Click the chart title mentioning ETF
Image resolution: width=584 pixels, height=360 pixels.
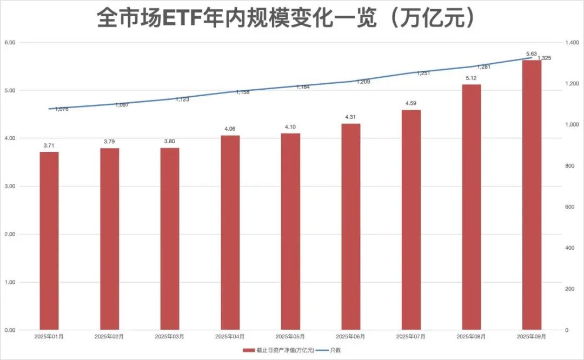click(287, 18)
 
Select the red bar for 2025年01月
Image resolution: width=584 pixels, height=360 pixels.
click(49, 241)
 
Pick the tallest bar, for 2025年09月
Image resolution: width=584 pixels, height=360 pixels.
click(532, 195)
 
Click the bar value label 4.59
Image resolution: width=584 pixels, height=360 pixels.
click(411, 103)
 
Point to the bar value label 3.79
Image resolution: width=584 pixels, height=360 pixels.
click(109, 142)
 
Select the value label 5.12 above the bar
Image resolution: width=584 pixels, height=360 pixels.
click(471, 78)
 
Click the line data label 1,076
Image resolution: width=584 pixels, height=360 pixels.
click(62, 109)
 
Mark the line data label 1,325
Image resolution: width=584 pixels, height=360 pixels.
click(544, 58)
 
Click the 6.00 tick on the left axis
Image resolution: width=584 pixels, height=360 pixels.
click(9, 42)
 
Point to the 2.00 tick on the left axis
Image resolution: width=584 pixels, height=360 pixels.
click(9, 235)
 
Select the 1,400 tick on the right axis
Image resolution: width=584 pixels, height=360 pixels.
click(572, 42)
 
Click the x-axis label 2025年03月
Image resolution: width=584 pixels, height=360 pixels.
click(169, 336)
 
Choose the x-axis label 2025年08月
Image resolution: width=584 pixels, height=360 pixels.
click(471, 336)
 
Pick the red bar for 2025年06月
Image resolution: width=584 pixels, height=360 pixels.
click(350, 226)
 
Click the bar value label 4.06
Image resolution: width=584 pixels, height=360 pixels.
click(230, 129)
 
